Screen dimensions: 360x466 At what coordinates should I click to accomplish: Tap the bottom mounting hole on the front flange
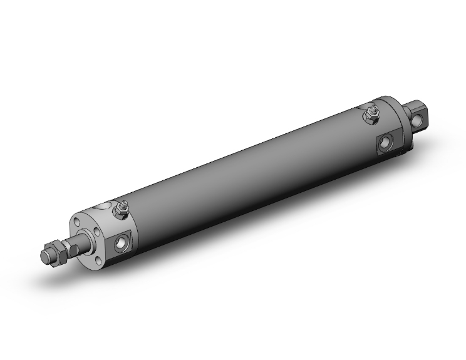(x=97, y=257)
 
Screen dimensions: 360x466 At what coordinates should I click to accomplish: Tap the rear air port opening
(x=385, y=143)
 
